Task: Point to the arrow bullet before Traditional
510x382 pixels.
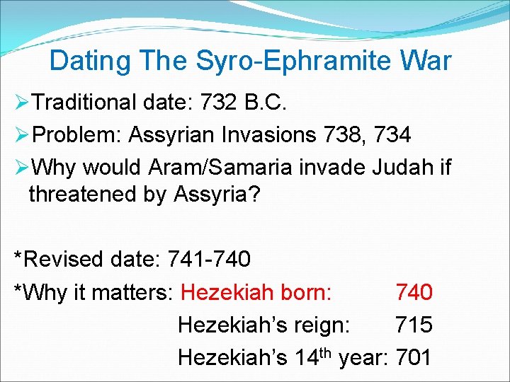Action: (x=22, y=103)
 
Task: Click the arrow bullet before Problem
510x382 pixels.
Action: (x=22, y=135)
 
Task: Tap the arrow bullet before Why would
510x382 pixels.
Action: (x=22, y=168)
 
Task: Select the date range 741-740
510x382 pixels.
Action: (x=209, y=260)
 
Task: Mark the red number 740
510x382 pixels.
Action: (x=414, y=292)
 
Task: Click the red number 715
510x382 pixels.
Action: (x=414, y=325)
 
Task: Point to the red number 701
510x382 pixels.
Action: (x=414, y=357)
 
